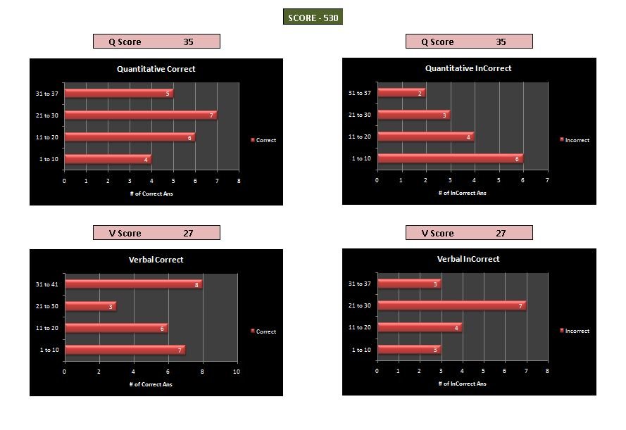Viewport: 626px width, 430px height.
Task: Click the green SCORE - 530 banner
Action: point(313,18)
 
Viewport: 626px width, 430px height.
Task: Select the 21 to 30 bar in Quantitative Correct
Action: point(141,115)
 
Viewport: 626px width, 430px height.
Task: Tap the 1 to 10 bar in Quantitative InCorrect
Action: point(450,158)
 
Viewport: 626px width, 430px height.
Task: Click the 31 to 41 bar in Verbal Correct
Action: point(133,284)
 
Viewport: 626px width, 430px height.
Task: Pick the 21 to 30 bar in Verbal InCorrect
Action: point(451,305)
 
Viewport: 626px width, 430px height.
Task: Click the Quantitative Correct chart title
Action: point(156,69)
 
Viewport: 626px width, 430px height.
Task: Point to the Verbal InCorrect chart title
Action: point(468,259)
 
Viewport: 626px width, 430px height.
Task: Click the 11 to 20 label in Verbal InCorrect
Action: point(361,328)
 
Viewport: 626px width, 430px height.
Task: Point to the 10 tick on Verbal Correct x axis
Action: point(237,372)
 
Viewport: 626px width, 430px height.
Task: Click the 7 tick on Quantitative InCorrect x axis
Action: point(547,181)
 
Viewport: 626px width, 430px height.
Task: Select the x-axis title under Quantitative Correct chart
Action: point(152,194)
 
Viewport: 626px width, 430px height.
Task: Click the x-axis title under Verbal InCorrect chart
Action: point(462,384)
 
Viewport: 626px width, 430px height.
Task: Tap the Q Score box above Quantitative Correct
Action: point(156,42)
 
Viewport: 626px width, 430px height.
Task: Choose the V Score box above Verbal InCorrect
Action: point(469,233)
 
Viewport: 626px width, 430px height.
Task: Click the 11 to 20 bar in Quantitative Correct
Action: point(130,137)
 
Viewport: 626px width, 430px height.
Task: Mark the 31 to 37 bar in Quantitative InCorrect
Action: point(401,93)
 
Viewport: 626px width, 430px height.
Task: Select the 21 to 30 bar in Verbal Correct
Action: point(90,306)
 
